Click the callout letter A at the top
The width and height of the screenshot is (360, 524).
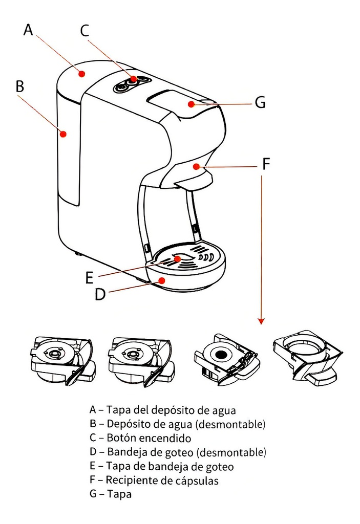pyautogui.click(x=28, y=30)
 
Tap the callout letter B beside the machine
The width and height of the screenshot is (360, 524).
pyautogui.click(x=19, y=86)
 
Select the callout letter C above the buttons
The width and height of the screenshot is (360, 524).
pyautogui.click(x=85, y=30)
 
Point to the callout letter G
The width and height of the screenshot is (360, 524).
pyautogui.click(x=260, y=103)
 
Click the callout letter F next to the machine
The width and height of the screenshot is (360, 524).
pyautogui.click(x=265, y=164)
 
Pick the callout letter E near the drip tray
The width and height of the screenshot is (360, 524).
pyautogui.click(x=90, y=278)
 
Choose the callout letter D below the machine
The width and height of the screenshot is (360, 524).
pyautogui.click(x=100, y=295)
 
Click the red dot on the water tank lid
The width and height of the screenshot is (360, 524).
pyautogui.click(x=81, y=74)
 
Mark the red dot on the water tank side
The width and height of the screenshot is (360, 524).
pyautogui.click(x=63, y=134)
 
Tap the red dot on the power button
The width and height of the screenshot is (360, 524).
pyautogui.click(x=133, y=79)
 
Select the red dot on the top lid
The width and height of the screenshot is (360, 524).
pyautogui.click(x=190, y=104)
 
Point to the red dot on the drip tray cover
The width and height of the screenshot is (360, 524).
pyautogui.click(x=178, y=259)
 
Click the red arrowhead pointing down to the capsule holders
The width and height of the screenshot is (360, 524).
pyautogui.click(x=261, y=321)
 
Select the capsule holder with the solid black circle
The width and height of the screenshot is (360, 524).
pyautogui.click(x=224, y=359)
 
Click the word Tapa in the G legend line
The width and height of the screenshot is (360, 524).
pyautogui.click(x=119, y=495)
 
